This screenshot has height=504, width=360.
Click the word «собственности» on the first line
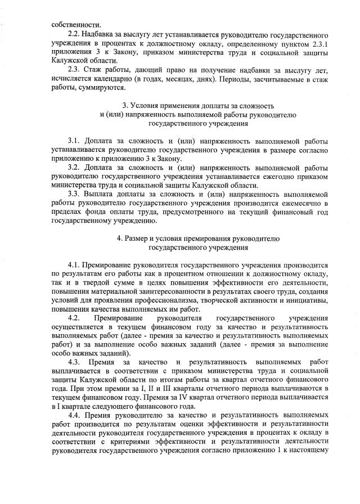69,25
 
